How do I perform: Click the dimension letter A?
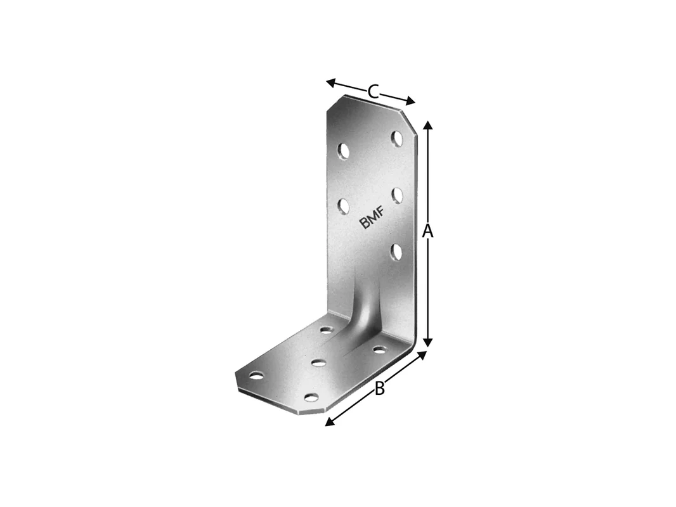point(427,231)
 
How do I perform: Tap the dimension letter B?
point(379,388)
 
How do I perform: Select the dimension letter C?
point(373,92)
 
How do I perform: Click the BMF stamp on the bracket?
point(372,217)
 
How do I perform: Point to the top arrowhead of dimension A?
point(427,125)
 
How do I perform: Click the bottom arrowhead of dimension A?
point(427,342)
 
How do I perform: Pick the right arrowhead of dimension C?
point(410,101)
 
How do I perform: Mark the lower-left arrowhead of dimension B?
point(330,422)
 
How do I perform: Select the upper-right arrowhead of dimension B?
point(422,355)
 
